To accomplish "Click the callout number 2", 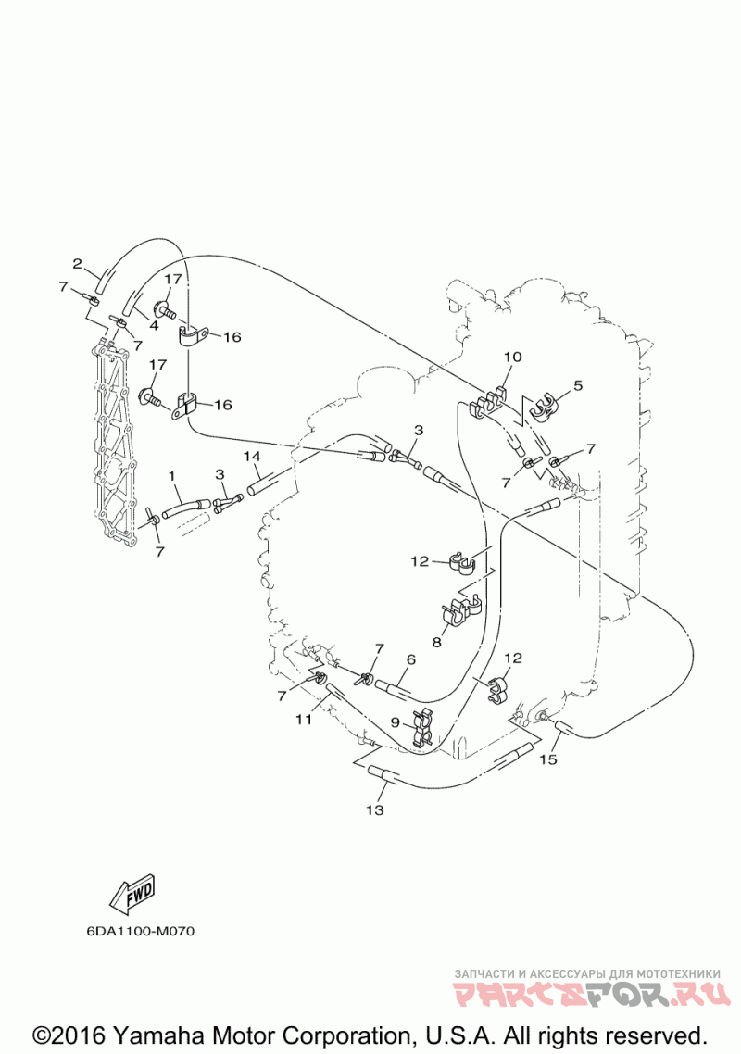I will pyautogui.click(x=78, y=263).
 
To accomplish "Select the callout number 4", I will pyautogui.click(x=155, y=325).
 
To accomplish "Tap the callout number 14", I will pyautogui.click(x=252, y=457).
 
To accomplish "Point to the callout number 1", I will pyautogui.click(x=172, y=475).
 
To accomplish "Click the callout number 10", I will pyautogui.click(x=512, y=357).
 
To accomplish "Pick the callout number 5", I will pyautogui.click(x=577, y=385).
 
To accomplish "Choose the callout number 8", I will pyautogui.click(x=436, y=640).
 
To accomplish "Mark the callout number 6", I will pyautogui.click(x=409, y=659).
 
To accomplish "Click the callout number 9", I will pyautogui.click(x=396, y=722).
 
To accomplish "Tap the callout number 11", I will pyautogui.click(x=304, y=719).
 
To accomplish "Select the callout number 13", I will pyautogui.click(x=374, y=810).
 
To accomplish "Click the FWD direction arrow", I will pyautogui.click(x=132, y=894).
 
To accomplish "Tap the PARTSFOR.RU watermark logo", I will pyautogui.click(x=586, y=995).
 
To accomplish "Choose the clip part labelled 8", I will pyautogui.click(x=459, y=612).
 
